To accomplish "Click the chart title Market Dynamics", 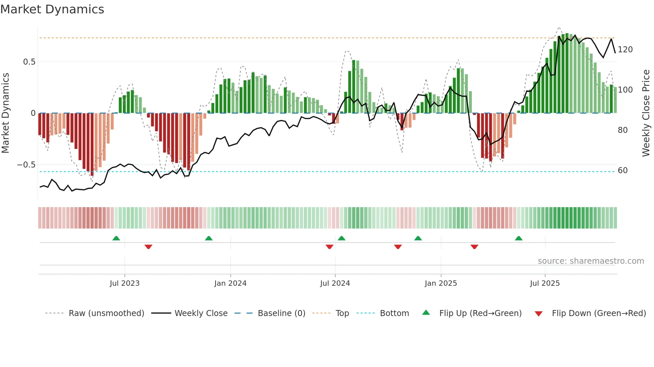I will [x=52, y=9].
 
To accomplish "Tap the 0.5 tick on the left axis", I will [x=29, y=62].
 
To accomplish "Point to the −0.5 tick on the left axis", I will [x=26, y=165].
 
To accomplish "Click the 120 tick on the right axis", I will [x=625, y=50].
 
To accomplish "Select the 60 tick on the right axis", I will [x=623, y=171].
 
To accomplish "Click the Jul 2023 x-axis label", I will [x=124, y=283].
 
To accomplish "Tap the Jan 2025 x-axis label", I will [x=440, y=283].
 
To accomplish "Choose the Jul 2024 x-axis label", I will [x=335, y=283].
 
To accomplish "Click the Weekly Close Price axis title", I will [x=646, y=113].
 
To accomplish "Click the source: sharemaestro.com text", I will [x=591, y=261].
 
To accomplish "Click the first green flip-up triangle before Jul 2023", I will [x=116, y=238].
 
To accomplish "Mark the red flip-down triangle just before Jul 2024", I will [x=329, y=247].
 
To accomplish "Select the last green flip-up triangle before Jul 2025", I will [x=519, y=238].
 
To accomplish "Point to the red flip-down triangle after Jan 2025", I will [x=474, y=247].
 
